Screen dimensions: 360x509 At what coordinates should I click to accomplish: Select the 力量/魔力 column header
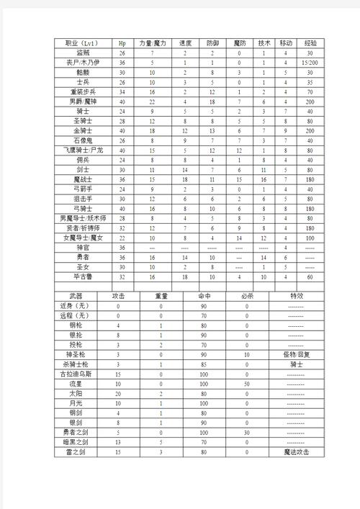(153, 43)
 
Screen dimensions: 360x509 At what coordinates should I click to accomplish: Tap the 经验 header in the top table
(310, 43)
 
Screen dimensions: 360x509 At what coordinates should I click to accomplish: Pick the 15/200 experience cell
(310, 63)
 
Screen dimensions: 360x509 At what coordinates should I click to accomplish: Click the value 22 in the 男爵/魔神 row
(153, 102)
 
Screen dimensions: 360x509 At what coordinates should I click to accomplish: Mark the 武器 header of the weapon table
(77, 296)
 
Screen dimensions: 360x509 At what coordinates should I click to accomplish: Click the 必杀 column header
(246, 296)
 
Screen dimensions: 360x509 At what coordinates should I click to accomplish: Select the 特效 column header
(297, 296)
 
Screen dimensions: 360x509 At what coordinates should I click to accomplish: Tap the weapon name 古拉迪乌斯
(77, 374)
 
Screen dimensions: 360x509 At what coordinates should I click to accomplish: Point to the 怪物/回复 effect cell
(297, 354)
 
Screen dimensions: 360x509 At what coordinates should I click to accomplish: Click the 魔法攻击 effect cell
(297, 451)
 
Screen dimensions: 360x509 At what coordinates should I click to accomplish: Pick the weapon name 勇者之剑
(77, 432)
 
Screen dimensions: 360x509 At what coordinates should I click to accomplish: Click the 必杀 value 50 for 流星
(246, 384)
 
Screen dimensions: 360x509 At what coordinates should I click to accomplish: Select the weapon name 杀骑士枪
(77, 364)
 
